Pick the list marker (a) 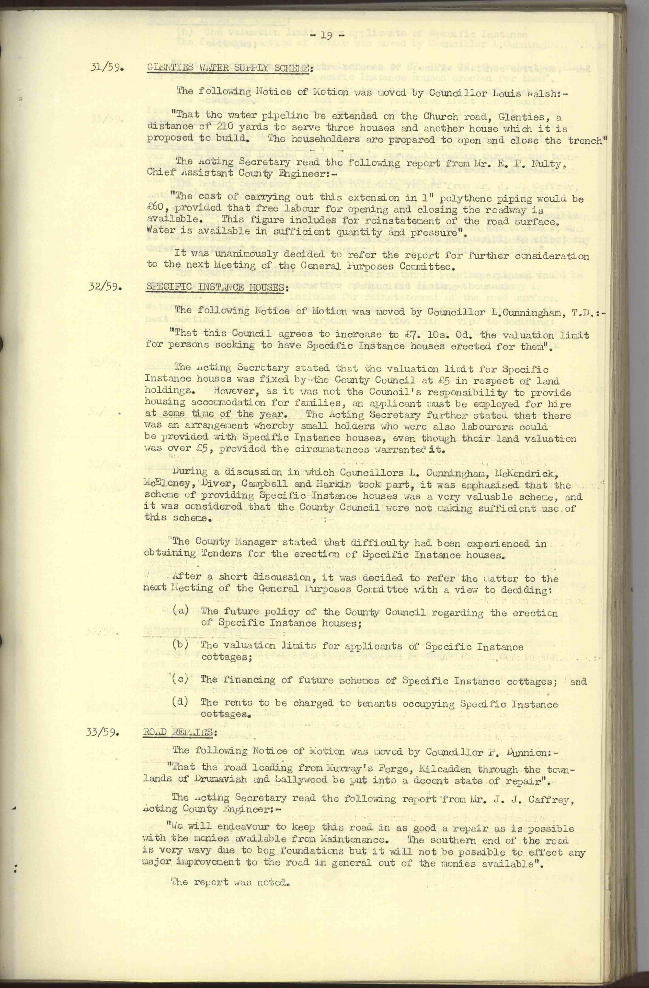click(x=181, y=612)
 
